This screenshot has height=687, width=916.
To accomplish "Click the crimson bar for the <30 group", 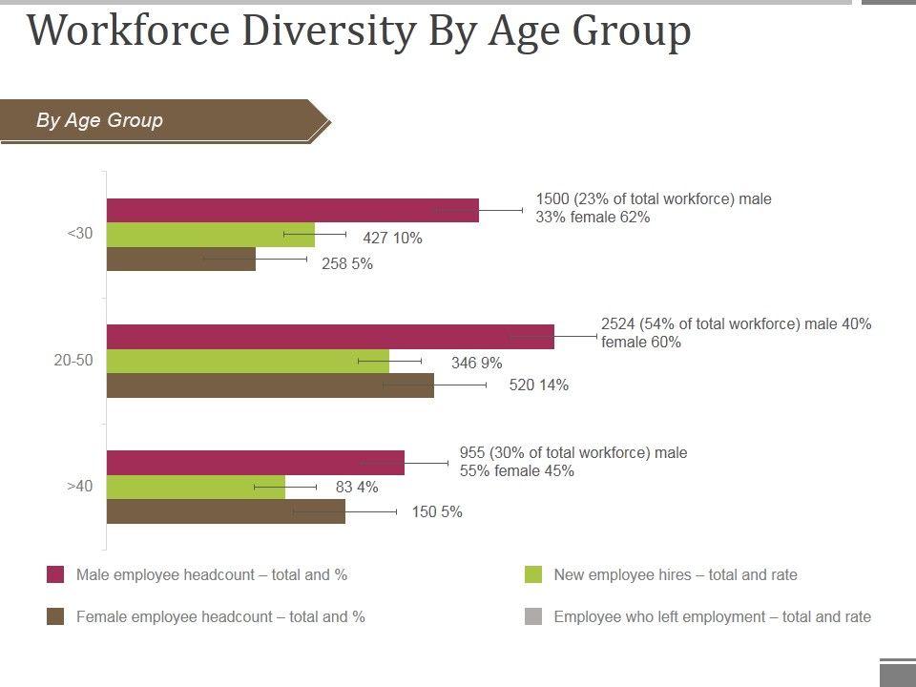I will pos(292,210).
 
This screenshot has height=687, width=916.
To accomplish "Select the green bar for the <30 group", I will pos(210,235).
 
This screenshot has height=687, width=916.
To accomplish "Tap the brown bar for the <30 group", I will pos(181,260).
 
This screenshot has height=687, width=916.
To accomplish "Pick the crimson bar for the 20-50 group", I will pos(330,337).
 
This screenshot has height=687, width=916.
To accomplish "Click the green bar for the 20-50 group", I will pos(248,362).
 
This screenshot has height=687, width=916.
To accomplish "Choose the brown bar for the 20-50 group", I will pos(270,385).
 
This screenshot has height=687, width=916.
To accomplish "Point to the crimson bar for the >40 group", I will pos(256,463).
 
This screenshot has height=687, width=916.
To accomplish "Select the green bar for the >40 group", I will pos(196,488).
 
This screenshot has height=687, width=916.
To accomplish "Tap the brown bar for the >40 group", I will pos(226,511).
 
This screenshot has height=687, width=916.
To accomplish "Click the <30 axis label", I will pos(80,234).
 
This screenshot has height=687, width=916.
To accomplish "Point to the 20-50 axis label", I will pos(73,361).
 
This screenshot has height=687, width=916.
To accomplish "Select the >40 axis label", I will pos(80,487).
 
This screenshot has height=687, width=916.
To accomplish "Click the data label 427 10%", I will pos(392,239).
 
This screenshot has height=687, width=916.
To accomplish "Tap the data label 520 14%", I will pos(539,385).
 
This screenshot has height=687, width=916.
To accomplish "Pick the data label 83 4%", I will pos(357,488).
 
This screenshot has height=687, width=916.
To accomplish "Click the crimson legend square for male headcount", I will pos(55,574).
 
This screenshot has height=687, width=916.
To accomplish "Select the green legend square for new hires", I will pos(533,574).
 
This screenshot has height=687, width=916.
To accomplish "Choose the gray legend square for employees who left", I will pos(533,616).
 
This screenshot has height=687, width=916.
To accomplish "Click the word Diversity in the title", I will pos(328,31).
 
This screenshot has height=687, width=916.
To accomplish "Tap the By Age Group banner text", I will pos(100,120).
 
